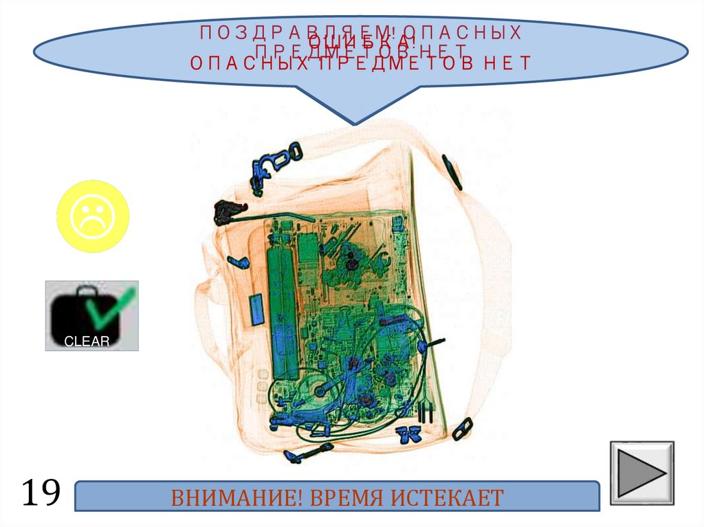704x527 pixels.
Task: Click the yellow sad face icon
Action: pos(92,216)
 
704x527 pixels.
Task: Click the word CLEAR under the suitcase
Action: pos(87,341)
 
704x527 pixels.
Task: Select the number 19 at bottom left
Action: pos(41,493)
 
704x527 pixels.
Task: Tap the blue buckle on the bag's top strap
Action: pos(274,161)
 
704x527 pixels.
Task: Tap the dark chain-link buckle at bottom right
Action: pos(461,429)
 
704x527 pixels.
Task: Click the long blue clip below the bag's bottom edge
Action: pos(308,453)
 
